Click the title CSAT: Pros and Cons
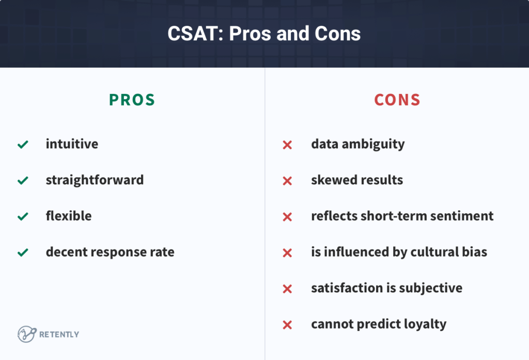pyautogui.click(x=264, y=34)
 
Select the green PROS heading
pyautogui.click(x=132, y=100)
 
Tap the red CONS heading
pyautogui.click(x=397, y=100)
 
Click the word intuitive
pyautogui.click(x=72, y=144)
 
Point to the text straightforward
pyautogui.click(x=95, y=180)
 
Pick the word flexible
pyautogui.click(x=69, y=216)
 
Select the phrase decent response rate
pyautogui.click(x=110, y=252)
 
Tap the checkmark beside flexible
pyautogui.click(x=23, y=217)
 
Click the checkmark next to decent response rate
pyautogui.click(x=23, y=253)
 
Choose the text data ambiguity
pyautogui.click(x=357, y=144)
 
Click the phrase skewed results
pyautogui.click(x=357, y=180)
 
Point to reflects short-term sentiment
pyautogui.click(x=402, y=216)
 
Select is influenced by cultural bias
pyautogui.click(x=399, y=252)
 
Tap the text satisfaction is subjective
pyautogui.click(x=386, y=288)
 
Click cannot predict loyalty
pyautogui.click(x=379, y=324)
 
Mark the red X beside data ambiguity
pyautogui.click(x=288, y=145)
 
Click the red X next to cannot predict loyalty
pyautogui.click(x=288, y=325)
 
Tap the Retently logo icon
pyautogui.click(x=26, y=334)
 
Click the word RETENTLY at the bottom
pyautogui.click(x=59, y=335)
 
